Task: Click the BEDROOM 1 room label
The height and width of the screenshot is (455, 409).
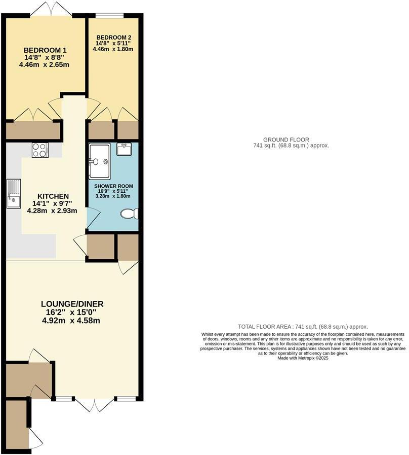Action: (46, 50)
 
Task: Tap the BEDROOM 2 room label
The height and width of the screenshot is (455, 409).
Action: (114, 37)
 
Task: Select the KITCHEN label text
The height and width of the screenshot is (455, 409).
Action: (53, 196)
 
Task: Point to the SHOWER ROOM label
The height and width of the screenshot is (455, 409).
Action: (113, 186)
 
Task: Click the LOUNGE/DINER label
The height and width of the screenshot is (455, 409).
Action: (72, 304)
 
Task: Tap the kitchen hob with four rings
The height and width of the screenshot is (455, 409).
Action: (39, 150)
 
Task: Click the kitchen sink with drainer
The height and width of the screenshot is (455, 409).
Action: (13, 194)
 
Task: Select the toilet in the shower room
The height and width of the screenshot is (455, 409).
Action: (129, 214)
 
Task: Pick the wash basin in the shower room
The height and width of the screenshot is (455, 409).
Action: (124, 149)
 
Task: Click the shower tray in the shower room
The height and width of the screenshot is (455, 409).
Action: (98, 161)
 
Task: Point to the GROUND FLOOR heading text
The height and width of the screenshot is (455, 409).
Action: (286, 139)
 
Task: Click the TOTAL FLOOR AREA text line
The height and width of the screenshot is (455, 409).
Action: (303, 327)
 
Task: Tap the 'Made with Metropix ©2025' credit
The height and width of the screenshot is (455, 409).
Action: (303, 358)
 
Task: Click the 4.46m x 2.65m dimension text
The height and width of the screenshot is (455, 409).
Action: (44, 65)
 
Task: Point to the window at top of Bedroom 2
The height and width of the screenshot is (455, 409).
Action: (110, 15)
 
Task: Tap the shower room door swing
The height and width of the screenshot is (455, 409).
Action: (93, 217)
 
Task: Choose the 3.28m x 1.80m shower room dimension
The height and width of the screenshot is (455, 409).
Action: (113, 196)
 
